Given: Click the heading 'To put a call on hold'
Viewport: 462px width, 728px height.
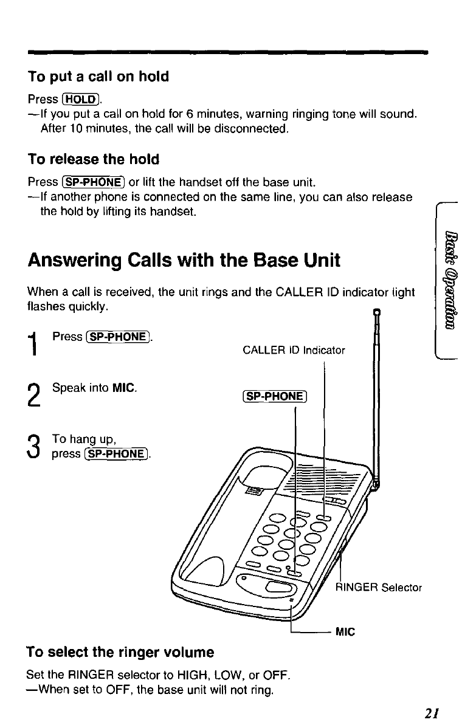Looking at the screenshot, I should [98, 77].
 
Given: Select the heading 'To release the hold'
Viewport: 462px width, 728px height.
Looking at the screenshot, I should [94, 160].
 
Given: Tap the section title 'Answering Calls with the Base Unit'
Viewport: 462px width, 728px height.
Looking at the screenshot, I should [184, 261].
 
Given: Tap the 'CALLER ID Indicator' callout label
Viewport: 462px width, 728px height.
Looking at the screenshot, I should [294, 350].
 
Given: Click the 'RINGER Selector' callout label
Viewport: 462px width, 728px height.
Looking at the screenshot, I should [378, 588].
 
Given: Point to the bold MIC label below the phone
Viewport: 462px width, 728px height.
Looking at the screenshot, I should [345, 632].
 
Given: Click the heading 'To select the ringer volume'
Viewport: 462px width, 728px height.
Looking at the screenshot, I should [120, 653].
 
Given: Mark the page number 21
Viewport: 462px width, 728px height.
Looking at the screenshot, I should [432, 712].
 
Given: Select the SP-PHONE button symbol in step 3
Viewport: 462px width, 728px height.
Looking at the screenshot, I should [121, 454].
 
